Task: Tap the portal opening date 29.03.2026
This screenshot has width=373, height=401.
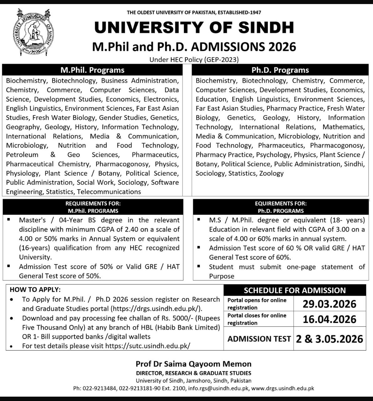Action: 330,304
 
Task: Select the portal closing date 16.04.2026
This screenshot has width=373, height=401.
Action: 330,319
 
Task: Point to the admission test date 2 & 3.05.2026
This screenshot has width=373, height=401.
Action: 330,339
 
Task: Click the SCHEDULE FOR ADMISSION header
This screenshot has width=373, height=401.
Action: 295,290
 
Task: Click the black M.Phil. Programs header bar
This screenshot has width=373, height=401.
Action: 92,70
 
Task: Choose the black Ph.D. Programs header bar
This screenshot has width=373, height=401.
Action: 280,70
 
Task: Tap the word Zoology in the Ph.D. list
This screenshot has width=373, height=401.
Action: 271,173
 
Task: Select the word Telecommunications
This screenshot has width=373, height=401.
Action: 109,192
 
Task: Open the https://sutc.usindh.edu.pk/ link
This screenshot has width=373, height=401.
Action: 148,346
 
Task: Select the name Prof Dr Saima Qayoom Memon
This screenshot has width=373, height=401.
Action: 193,364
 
